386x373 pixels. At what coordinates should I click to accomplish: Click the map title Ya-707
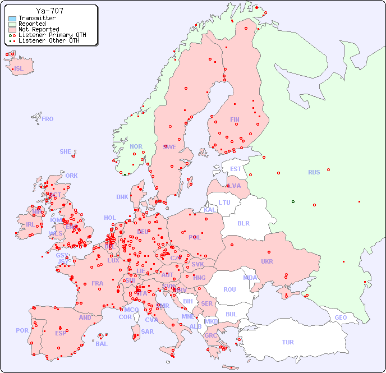pos(49,11)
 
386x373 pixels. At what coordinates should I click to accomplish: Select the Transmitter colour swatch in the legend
pos(12,19)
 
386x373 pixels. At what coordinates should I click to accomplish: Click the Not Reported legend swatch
pos(12,30)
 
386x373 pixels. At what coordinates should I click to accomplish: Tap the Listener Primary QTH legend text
pos(52,35)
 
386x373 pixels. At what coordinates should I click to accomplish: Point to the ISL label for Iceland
pos(19,69)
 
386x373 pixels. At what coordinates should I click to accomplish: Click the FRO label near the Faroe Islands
pos(48,119)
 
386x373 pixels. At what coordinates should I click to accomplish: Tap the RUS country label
pos(314,172)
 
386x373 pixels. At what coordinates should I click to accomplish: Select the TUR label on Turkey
pos(288,342)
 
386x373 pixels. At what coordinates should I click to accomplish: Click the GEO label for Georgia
pos(341,317)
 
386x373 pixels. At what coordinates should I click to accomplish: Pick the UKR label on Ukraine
pos(267,261)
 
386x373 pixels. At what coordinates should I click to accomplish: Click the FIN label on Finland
pos(235,119)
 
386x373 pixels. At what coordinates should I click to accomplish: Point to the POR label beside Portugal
pos(22,330)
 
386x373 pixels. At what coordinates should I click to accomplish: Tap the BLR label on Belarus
pos(243,223)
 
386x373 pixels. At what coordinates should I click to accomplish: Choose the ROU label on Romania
pos(229,289)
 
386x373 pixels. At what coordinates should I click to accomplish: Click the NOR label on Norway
pos(136,146)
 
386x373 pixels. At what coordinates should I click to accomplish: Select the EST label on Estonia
pos(236,169)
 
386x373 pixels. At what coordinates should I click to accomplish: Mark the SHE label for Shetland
pos(66,151)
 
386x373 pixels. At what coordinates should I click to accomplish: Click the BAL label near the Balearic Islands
pos(102,344)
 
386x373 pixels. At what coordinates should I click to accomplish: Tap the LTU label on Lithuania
pos(224,202)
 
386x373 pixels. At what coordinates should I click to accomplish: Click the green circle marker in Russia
pos(293,201)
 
